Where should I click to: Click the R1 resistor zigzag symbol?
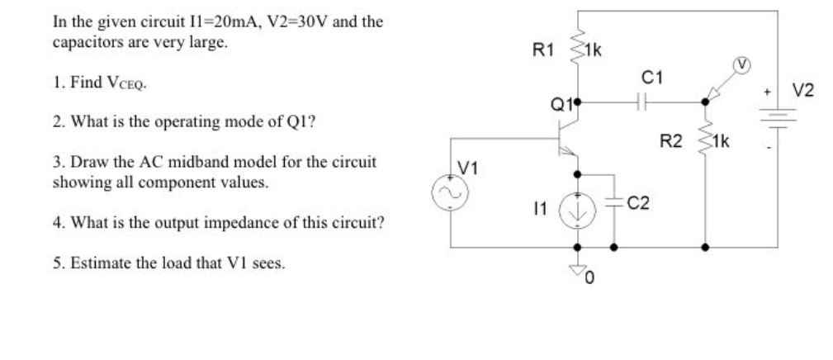click(577, 53)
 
